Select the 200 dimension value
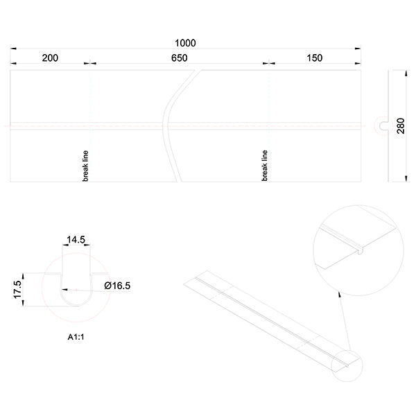coord(50,58)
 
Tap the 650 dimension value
coord(180,58)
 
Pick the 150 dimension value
coord(313,58)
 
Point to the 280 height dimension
coord(400,125)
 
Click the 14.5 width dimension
coord(76,240)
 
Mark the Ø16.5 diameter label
coord(118,285)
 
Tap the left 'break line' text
coord(86,165)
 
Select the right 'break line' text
coord(265,165)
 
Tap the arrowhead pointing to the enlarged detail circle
coord(339,295)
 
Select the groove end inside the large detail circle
coord(361,247)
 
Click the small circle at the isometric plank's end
coord(350,363)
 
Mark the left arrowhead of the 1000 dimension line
coord(13,49)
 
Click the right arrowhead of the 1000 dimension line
coord(358,49)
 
